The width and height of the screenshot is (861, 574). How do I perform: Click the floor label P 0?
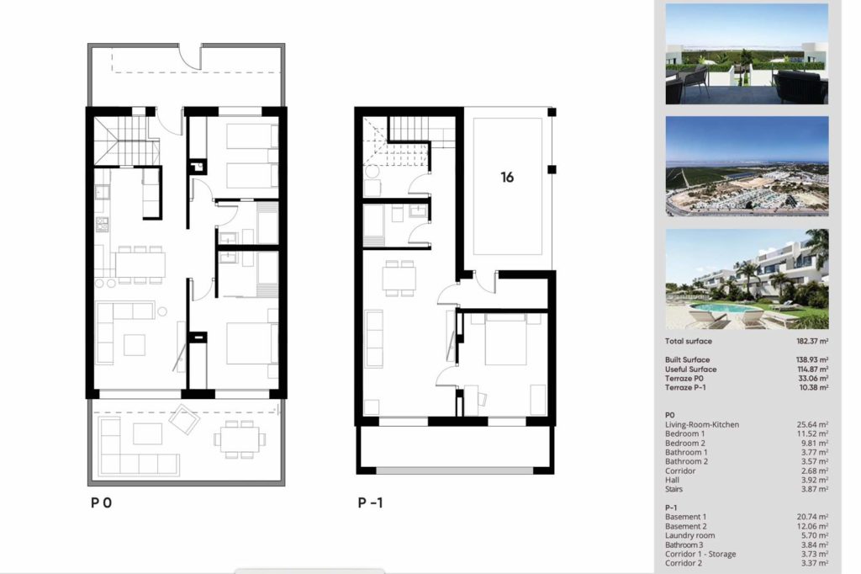[x=101, y=502]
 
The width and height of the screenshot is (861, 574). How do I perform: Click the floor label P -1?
[x=370, y=502]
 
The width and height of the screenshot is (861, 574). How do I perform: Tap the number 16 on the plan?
[x=507, y=177]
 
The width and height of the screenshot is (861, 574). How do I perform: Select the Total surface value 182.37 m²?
[x=812, y=341]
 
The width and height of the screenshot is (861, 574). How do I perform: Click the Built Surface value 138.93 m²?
[x=812, y=359]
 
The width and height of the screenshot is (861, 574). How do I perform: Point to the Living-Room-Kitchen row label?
[x=702, y=424]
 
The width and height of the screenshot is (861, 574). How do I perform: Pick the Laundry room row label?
[x=689, y=535]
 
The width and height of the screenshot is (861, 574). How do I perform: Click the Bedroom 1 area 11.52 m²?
[x=812, y=433]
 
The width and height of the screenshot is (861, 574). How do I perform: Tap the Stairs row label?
[x=673, y=489]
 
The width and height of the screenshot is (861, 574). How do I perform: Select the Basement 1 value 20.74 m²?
[x=812, y=517]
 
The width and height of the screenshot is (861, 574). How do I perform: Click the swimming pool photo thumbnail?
[x=747, y=279]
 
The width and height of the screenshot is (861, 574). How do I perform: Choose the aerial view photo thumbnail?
[x=747, y=166]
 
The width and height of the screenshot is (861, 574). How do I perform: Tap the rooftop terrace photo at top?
[x=747, y=54]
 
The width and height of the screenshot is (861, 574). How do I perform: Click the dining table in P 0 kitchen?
[x=140, y=264]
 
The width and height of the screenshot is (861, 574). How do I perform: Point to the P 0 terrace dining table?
[x=240, y=439]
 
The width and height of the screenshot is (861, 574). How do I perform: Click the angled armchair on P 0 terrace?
[x=184, y=419]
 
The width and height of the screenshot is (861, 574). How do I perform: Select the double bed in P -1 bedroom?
[x=505, y=338]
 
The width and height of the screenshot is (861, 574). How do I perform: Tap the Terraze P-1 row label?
[x=685, y=388]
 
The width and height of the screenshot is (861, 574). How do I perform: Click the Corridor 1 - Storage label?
[x=700, y=554]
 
